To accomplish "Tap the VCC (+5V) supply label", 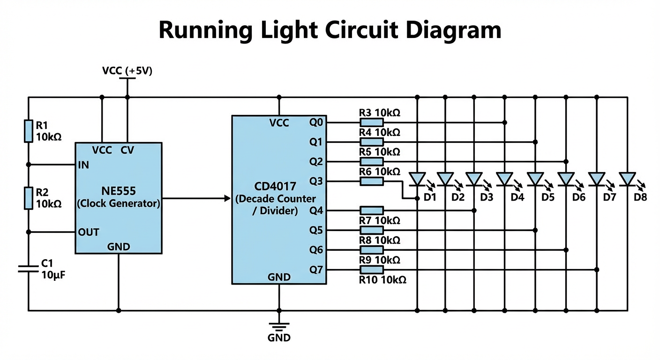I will (x=127, y=71).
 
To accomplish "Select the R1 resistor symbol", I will (x=29, y=131).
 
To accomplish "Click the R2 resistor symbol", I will (x=29, y=198).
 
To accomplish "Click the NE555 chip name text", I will (x=118, y=191).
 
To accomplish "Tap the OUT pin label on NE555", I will (x=89, y=232).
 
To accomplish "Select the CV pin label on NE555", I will (x=127, y=150).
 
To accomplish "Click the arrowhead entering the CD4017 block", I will (x=228, y=198).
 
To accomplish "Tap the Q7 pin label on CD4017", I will (x=316, y=270).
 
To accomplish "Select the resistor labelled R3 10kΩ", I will (x=372, y=122).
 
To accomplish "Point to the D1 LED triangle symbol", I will (x=417, y=179).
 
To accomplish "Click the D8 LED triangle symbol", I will (x=627, y=179).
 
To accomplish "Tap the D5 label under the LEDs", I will (x=547, y=197).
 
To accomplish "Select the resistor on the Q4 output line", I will (x=372, y=210).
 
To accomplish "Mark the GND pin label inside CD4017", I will (x=279, y=277).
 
